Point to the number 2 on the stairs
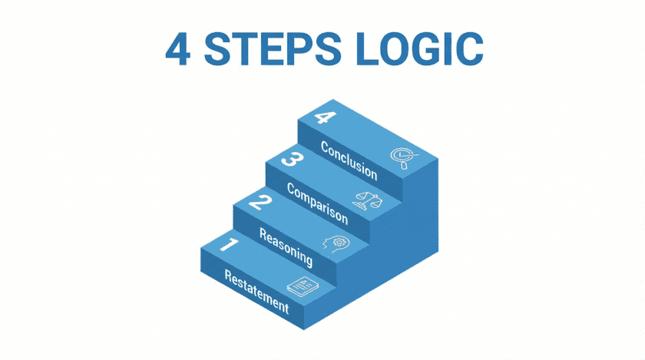coord(260,203)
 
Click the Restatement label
coord(256,292)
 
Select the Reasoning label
coord(286,247)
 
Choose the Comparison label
coord(316,205)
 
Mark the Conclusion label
coord(349,159)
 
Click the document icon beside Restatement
coord(301,286)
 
